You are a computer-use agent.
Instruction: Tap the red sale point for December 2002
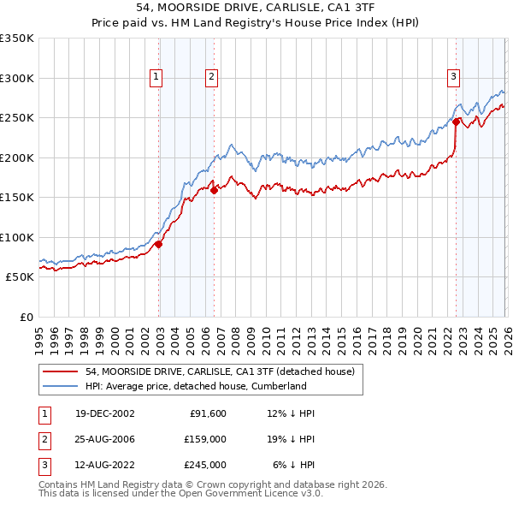pyautogui.click(x=159, y=244)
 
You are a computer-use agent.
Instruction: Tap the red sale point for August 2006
pyautogui.click(x=214, y=191)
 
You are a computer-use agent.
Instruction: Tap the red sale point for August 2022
pyautogui.click(x=456, y=122)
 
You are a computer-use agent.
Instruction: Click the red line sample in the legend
pyautogui.click(x=60, y=371)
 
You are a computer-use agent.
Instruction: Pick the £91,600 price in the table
pyautogui.click(x=206, y=413)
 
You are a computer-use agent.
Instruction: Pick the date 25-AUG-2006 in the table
pyautogui.click(x=104, y=439)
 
